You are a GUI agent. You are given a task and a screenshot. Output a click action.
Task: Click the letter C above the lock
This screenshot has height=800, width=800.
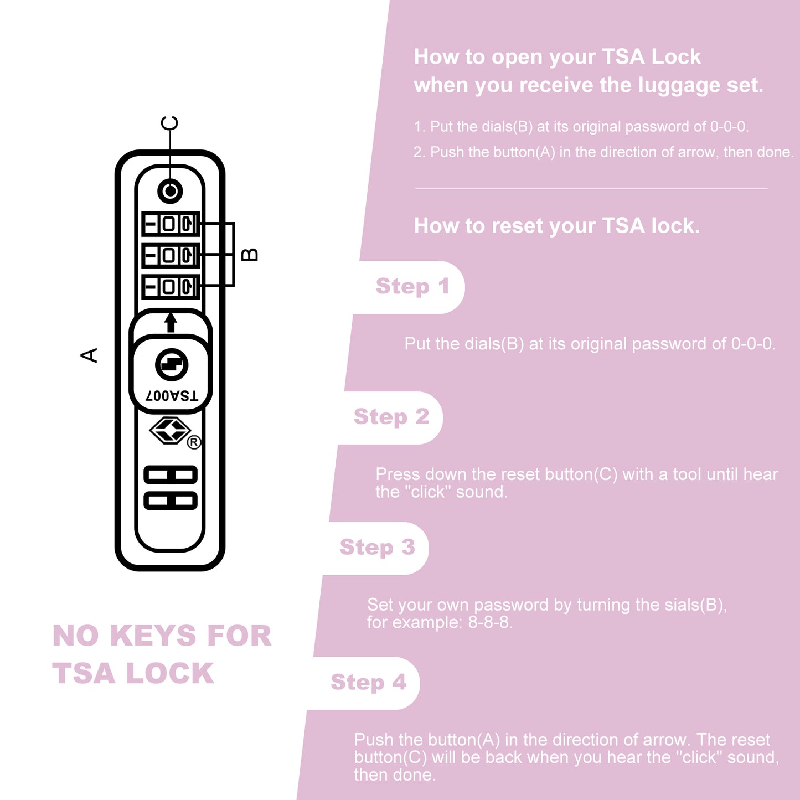pos(169,123)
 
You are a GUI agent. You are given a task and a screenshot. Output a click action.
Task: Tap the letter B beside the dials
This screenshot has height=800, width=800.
pos(250,254)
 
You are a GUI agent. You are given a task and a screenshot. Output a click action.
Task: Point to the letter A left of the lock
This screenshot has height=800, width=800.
pos(89,355)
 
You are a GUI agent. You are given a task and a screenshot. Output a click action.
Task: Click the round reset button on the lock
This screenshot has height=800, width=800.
pos(170,191)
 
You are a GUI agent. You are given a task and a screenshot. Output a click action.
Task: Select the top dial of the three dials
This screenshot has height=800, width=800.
pos(171,224)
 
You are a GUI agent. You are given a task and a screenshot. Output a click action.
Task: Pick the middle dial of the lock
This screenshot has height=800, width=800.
pos(171,255)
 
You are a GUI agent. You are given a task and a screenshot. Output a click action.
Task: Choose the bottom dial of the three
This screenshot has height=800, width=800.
pos(171,287)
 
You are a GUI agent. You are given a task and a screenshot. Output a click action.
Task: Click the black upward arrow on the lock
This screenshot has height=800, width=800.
pos(171,322)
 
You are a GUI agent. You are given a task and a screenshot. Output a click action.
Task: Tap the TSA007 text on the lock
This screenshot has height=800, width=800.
pos(172,396)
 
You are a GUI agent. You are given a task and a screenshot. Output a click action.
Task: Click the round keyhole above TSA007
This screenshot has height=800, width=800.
pos(172,365)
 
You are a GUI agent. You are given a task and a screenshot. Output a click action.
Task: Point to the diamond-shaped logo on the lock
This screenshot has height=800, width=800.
pos(170,430)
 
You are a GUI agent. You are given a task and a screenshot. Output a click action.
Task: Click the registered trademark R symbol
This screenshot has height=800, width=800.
pos(194,442)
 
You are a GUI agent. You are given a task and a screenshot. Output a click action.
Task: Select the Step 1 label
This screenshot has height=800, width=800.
pos(412,287)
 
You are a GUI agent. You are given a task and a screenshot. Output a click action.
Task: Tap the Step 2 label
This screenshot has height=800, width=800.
pos(391,417)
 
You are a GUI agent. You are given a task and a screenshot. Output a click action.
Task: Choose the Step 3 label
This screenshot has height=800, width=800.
pos(377,548)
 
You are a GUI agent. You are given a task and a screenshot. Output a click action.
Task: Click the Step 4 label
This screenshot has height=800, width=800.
pos(368,683)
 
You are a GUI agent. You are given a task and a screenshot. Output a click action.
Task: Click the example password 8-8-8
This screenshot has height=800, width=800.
pos(489,622)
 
